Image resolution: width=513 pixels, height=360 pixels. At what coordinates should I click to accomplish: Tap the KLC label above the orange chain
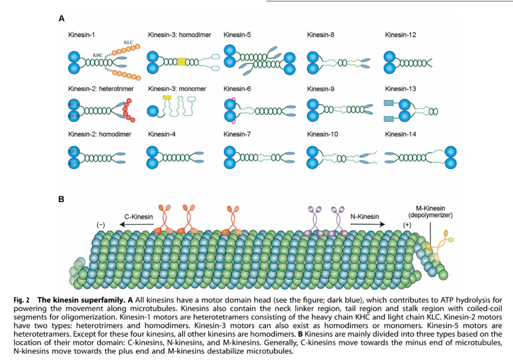[x=129, y=43]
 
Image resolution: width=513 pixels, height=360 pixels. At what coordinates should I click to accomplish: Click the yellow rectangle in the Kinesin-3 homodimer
[x=181, y=62]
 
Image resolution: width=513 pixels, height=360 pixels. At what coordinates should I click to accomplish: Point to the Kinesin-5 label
[x=237, y=35]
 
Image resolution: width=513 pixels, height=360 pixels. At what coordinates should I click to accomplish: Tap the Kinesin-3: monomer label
[x=178, y=89]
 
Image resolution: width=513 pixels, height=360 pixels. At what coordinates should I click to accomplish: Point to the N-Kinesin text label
[x=364, y=216]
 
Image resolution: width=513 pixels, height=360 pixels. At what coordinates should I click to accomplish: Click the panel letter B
[x=62, y=199]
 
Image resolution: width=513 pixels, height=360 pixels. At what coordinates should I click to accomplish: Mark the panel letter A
[x=62, y=19]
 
